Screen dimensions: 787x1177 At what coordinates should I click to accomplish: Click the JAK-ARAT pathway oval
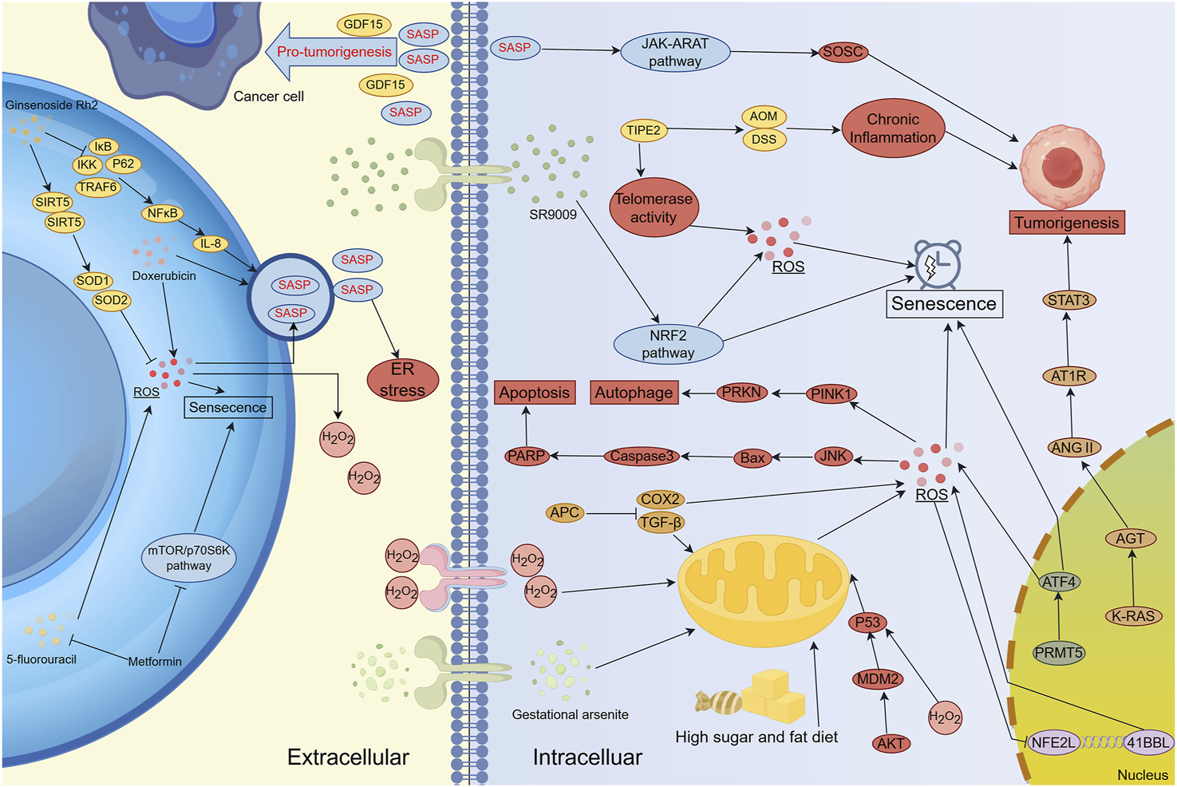click(x=675, y=53)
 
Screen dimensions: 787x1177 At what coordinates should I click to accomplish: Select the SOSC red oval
click(x=843, y=52)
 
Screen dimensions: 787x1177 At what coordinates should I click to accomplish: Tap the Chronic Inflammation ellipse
click(x=893, y=129)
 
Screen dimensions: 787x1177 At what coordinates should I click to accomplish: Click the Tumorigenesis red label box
click(x=1067, y=223)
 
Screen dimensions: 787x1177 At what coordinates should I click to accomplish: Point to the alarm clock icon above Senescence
click(x=938, y=264)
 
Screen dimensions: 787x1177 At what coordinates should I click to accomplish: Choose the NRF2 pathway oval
click(x=668, y=344)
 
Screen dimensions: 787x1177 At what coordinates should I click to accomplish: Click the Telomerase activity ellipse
click(x=654, y=208)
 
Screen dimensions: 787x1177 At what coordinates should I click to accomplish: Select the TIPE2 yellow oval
click(x=643, y=130)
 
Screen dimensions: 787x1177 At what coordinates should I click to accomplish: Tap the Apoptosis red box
click(x=535, y=393)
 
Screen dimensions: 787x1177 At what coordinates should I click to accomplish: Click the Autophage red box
click(x=634, y=393)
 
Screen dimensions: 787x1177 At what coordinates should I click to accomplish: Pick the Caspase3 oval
click(x=642, y=456)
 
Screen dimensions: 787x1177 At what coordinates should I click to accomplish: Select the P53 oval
click(x=867, y=623)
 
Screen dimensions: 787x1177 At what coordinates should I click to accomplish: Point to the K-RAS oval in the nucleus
click(x=1133, y=616)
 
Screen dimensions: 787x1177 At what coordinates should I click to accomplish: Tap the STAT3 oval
click(x=1068, y=300)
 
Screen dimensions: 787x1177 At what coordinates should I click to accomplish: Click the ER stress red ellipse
click(x=402, y=380)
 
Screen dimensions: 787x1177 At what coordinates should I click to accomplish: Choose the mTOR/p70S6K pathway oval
click(x=188, y=558)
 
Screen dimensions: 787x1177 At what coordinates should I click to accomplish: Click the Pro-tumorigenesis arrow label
click(x=334, y=52)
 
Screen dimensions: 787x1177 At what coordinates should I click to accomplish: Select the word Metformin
click(x=155, y=662)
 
